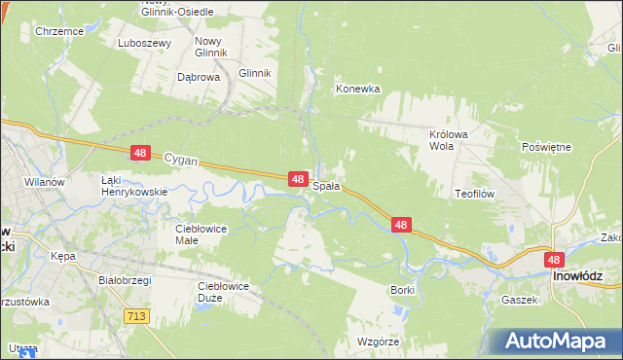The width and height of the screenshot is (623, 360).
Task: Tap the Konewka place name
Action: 357,89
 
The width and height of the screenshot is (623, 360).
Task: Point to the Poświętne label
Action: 546,146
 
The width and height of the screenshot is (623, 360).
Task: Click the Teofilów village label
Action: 475,194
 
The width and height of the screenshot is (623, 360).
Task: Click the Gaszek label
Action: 520,300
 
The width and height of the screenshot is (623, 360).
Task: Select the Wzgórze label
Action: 379,342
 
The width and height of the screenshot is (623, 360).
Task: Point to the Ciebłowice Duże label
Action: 223,291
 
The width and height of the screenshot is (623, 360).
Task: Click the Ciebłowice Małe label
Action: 201,234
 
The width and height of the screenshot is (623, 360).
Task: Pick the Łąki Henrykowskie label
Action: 134,185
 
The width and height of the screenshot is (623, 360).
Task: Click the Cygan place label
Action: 181,157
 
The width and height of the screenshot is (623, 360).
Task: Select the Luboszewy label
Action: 144,44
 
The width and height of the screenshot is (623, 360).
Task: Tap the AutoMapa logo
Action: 560,342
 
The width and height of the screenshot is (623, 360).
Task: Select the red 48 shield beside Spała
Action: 300,179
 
